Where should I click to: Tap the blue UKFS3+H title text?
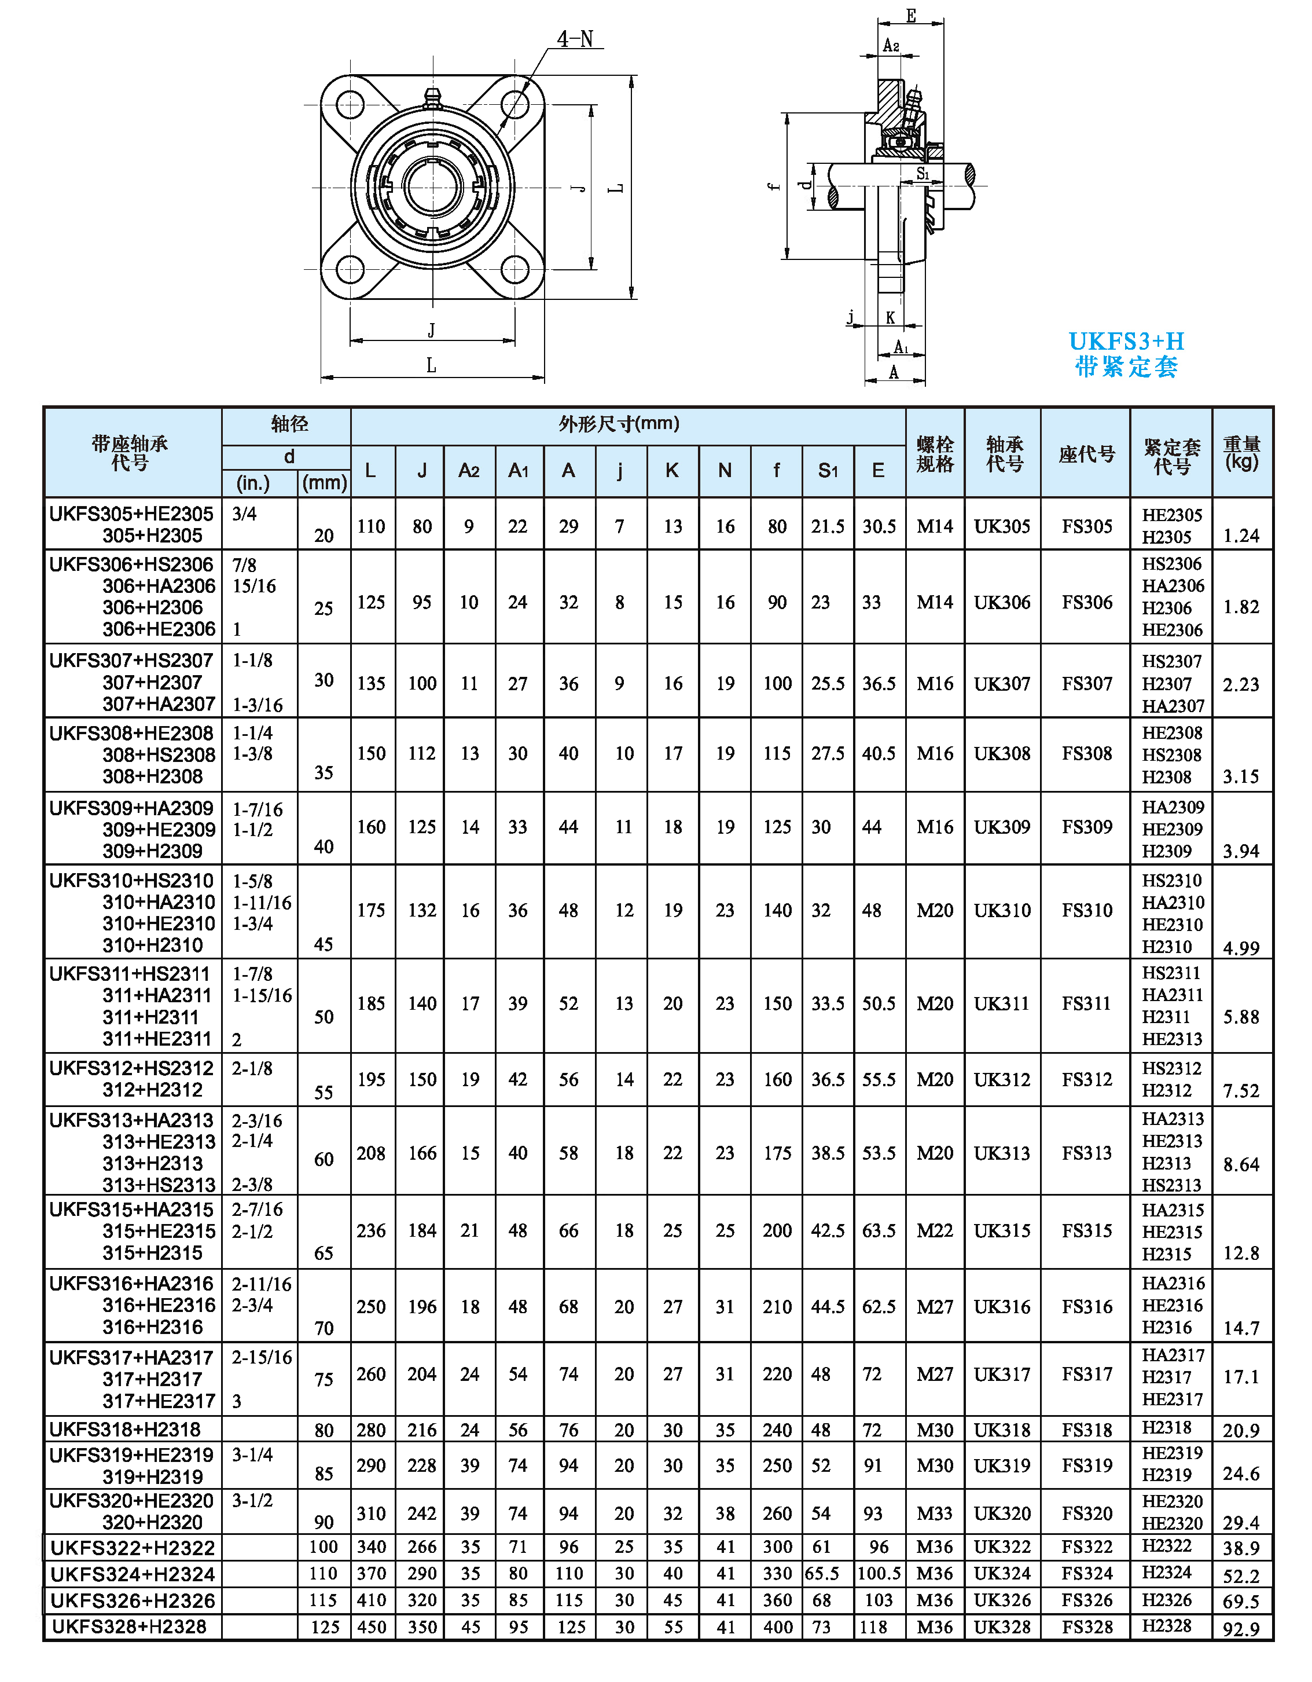pyautogui.click(x=1126, y=341)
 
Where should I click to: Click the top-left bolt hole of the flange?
pyautogui.click(x=350, y=105)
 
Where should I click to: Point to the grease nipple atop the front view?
pyautogui.click(x=432, y=98)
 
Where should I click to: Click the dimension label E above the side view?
pyautogui.click(x=911, y=16)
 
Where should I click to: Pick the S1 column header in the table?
pyautogui.click(x=828, y=471)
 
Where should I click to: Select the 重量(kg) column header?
pyautogui.click(x=1241, y=453)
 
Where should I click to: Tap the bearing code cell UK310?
pyautogui.click(x=1002, y=910)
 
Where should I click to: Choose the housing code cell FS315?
pyautogui.click(x=1086, y=1231)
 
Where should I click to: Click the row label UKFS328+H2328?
pyautogui.click(x=130, y=1626)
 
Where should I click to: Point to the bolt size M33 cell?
pyautogui.click(x=935, y=1514)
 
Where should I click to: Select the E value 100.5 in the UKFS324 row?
pyautogui.click(x=879, y=1573)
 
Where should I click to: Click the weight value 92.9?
pyautogui.click(x=1241, y=1629)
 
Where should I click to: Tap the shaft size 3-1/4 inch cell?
pyautogui.click(x=252, y=1455)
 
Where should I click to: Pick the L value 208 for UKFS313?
pyautogui.click(x=371, y=1153)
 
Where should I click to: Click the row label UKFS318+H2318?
pyautogui.click(x=125, y=1430)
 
